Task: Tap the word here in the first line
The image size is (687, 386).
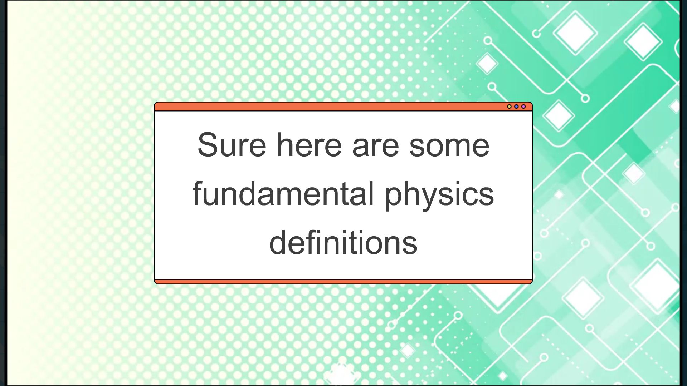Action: pos(309,145)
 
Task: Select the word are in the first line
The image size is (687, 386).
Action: pos(375,145)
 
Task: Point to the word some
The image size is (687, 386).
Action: pos(449,145)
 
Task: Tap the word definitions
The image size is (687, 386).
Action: pos(343,242)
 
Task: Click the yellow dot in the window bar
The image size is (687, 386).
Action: pos(509,107)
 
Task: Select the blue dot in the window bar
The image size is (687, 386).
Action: pos(516,107)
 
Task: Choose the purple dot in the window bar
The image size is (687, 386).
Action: pos(523,107)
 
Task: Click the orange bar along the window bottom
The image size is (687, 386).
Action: pos(343,282)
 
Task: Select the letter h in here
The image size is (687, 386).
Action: pos(285,145)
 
